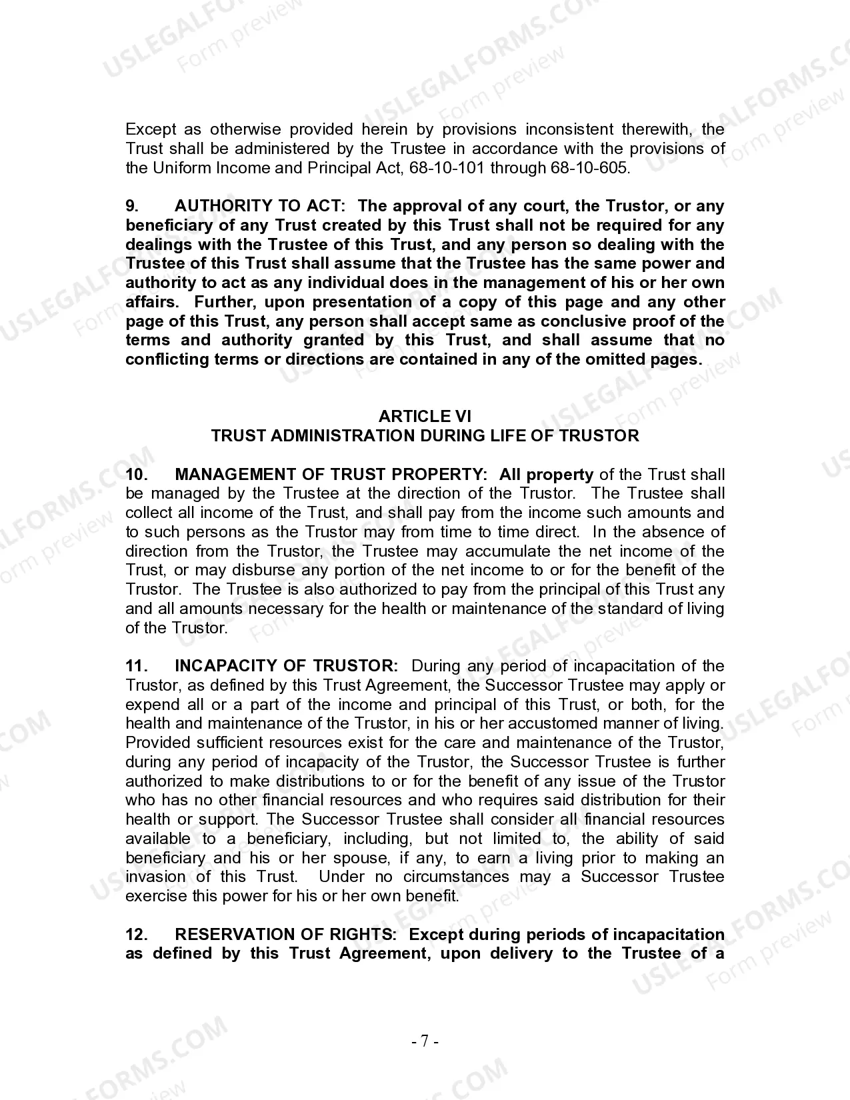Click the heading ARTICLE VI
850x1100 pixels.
coord(425,417)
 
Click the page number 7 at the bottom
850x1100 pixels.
coord(425,1041)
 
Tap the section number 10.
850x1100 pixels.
coord(136,475)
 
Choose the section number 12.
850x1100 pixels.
coord(136,935)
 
